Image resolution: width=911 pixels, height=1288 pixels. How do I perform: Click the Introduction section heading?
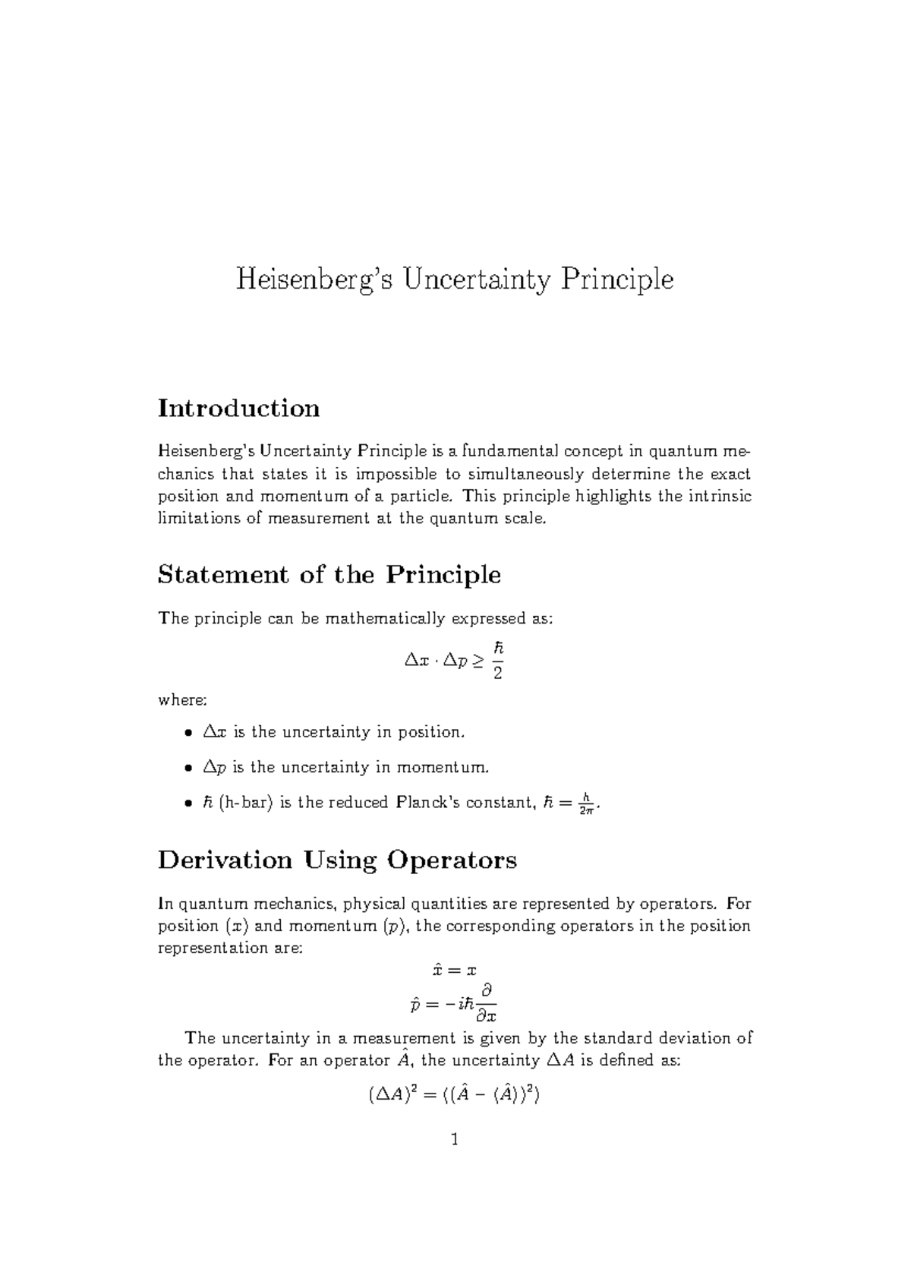pos(238,409)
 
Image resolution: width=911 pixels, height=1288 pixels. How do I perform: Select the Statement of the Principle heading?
pos(329,575)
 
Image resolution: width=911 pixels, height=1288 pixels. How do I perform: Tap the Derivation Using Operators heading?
pos(337,860)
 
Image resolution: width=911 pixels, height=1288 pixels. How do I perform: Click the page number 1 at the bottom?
pos(455,1139)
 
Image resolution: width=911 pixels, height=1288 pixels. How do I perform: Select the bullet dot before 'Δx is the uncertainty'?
pos(188,734)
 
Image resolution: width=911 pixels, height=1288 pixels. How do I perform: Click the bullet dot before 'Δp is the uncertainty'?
pos(188,769)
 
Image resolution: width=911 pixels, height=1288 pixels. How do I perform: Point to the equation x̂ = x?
pos(453,971)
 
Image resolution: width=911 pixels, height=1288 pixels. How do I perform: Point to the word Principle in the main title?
pos(616,280)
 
